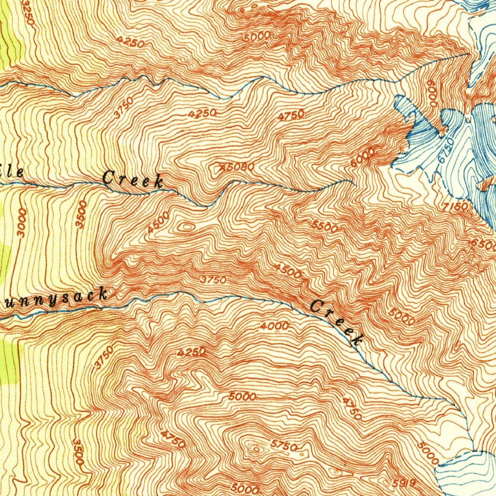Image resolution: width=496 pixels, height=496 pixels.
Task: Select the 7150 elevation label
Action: pyautogui.click(x=455, y=207)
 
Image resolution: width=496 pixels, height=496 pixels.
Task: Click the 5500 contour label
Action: pyautogui.click(x=325, y=226)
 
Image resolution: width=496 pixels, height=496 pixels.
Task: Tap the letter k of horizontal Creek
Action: pyautogui.click(x=158, y=182)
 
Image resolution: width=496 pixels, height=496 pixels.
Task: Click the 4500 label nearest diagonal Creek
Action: pyautogui.click(x=287, y=271)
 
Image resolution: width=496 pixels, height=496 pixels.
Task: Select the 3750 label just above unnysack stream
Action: pyautogui.click(x=213, y=280)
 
